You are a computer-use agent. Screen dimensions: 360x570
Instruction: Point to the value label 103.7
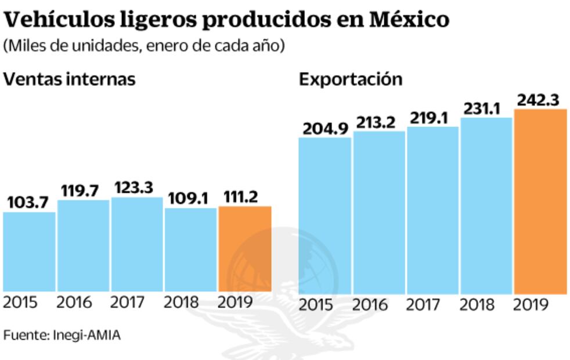pyautogui.click(x=29, y=203)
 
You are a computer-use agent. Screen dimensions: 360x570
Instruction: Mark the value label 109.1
pyautogui.click(x=190, y=198)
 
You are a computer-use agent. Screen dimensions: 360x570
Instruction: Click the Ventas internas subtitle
pyautogui.click(x=70, y=79)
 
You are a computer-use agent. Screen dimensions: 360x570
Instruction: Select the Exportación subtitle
pyautogui.click(x=351, y=79)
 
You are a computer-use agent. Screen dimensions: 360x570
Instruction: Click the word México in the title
pyautogui.click(x=409, y=20)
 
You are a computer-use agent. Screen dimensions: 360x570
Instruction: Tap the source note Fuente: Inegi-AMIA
pyautogui.click(x=62, y=335)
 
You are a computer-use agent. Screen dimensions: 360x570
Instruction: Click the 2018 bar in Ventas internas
pyautogui.click(x=190, y=249)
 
